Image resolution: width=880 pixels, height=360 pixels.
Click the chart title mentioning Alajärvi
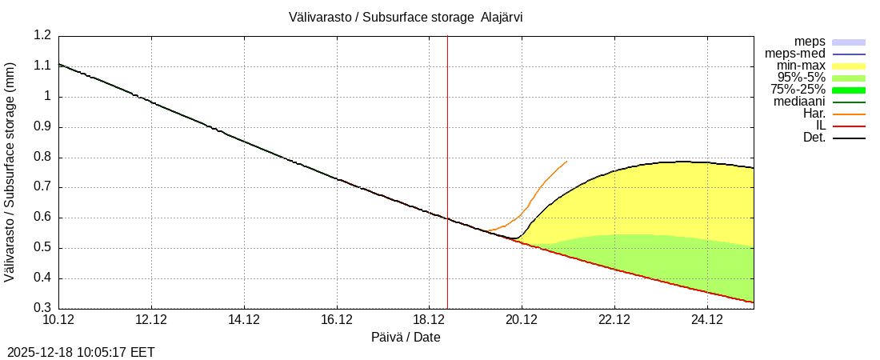pos(406,17)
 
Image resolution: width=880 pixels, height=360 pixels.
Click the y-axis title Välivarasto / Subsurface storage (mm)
pos(10,172)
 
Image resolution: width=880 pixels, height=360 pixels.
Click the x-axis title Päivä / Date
pos(406,337)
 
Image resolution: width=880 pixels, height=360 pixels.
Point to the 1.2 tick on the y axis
pos(42,36)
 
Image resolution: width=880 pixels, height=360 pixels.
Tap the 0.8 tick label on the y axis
pos(42,158)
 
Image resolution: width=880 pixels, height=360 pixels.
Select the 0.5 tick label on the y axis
pos(42,248)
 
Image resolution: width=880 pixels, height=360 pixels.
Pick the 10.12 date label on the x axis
pos(59,320)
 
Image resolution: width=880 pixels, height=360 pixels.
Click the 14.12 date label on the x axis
pos(244,320)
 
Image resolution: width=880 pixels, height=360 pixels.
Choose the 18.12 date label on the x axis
pos(430,320)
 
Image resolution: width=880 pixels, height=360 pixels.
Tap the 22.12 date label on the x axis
pos(614,320)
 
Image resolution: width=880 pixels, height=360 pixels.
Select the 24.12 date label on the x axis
pos(707,320)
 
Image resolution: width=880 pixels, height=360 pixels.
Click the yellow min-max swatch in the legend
pos(849,66)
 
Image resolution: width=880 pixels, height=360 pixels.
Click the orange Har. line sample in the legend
pos(849,114)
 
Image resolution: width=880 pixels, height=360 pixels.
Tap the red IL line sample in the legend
pos(849,126)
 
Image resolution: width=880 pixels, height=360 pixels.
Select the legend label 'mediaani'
pos(799,102)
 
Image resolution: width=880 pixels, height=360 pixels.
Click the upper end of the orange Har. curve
pos(566,162)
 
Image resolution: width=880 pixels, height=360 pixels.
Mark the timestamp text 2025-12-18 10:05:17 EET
pos(81,352)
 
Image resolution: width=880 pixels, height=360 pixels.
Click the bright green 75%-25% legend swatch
pos(849,90)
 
